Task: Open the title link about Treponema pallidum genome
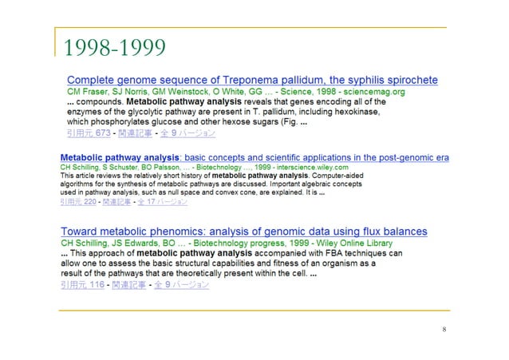tap(252, 81)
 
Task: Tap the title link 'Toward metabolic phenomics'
tap(247, 232)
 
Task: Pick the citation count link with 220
tap(84, 203)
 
